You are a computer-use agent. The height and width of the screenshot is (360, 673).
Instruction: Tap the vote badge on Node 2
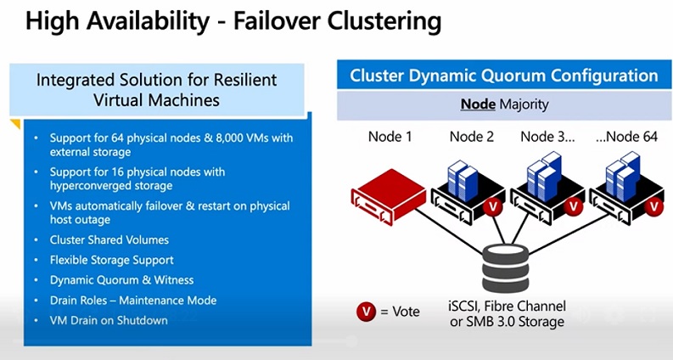491,207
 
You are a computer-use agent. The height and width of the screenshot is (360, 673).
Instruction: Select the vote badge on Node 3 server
575,206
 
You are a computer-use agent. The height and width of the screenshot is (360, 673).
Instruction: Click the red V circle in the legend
365,311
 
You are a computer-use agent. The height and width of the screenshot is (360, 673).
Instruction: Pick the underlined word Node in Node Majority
477,104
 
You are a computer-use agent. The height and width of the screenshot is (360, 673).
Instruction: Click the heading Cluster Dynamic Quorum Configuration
504,76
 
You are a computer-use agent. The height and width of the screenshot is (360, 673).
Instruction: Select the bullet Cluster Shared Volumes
109,239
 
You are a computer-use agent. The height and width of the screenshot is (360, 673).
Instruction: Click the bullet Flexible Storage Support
111,260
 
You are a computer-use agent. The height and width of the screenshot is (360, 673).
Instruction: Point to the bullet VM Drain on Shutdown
109,320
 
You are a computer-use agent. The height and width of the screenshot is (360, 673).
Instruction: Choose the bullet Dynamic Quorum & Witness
121,280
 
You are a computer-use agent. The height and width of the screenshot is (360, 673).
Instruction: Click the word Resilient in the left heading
239,82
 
